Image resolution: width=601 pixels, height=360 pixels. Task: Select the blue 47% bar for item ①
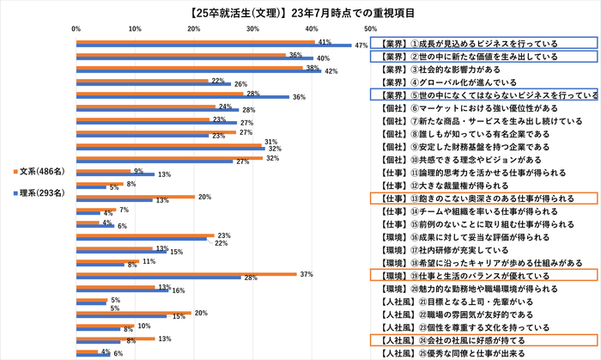tap(215, 45)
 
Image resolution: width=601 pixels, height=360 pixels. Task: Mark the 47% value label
tap(361, 46)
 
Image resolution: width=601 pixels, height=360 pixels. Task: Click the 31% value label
tap(270, 142)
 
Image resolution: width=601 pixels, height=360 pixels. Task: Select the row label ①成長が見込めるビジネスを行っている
tap(468, 43)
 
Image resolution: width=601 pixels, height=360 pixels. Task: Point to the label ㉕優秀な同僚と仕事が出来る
tap(455, 353)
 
